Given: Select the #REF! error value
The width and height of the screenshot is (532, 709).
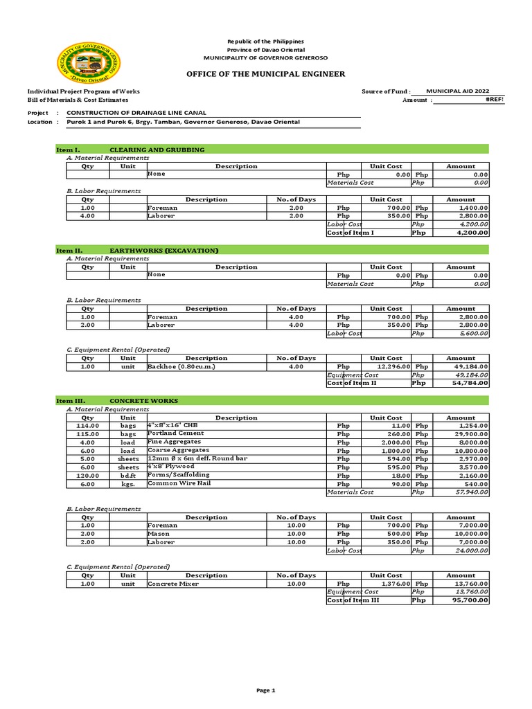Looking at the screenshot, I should tap(495, 100).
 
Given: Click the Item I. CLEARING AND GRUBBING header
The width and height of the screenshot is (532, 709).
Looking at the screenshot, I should tap(130, 150).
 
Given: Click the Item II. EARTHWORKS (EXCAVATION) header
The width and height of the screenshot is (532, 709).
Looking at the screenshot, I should tap(137, 250).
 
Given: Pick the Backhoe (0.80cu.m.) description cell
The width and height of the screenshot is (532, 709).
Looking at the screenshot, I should tap(181, 366).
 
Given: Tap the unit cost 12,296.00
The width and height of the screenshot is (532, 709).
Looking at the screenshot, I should tap(394, 366).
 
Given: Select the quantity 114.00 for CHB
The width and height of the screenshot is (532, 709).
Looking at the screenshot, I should tap(88, 426).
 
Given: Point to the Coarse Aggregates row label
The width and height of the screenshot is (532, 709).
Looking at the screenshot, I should tap(175, 450).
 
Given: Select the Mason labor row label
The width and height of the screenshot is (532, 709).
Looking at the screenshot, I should tap(159, 534).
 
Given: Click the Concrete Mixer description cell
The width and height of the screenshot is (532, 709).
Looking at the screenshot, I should tap(173, 584).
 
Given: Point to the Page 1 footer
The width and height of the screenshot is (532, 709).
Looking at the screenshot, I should tap(266, 690).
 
